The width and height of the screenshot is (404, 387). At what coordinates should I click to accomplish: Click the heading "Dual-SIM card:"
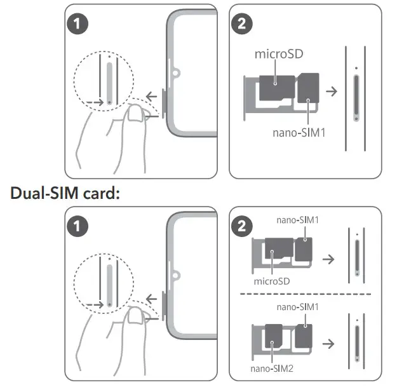click(65, 194)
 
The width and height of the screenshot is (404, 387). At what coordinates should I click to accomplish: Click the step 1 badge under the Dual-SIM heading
click(79, 226)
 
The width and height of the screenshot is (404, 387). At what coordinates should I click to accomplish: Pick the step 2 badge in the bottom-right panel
click(243, 226)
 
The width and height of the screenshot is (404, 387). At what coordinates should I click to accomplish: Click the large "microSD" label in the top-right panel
click(278, 55)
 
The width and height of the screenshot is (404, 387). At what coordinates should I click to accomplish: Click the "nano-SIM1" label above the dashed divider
click(297, 221)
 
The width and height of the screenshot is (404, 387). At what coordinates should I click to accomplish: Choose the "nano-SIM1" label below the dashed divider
click(297, 307)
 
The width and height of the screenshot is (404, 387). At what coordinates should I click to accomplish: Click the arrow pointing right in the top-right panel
click(332, 91)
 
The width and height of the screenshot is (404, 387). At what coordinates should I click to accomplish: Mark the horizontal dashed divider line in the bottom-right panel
click(305, 294)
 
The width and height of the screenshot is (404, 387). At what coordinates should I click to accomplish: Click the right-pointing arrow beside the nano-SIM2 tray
click(328, 344)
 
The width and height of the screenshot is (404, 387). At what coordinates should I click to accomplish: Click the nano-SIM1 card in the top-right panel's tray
click(309, 87)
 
